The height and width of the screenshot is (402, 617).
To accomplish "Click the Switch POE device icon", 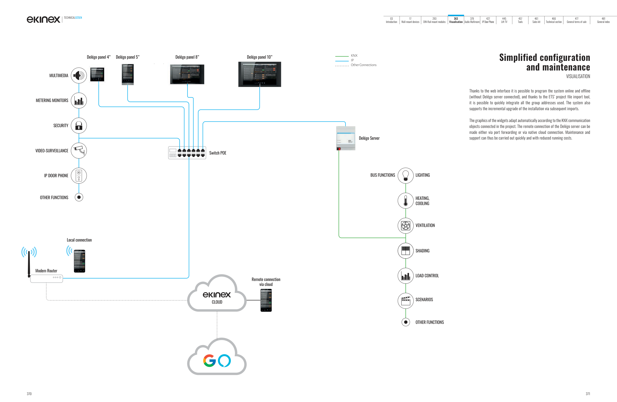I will tap(187, 153).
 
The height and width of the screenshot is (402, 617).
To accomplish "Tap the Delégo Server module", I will tap(346, 138).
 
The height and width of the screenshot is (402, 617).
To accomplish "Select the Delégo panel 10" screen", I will tap(259, 74).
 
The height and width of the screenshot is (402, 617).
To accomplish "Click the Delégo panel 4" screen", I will tap(97, 74).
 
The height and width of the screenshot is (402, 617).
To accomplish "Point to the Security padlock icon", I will tap(79, 126).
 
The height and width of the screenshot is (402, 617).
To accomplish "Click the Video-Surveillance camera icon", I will tap(79, 150).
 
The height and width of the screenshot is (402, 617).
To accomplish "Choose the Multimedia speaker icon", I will tap(79, 76).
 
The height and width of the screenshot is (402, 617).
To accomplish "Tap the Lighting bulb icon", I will tap(405, 175).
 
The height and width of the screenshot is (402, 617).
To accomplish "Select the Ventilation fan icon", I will tap(405, 226).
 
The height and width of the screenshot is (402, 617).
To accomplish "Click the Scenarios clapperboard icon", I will tap(405, 300).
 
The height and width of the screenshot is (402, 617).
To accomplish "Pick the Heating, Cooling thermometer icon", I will tap(405, 201).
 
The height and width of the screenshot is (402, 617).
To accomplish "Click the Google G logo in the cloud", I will tap(210, 361).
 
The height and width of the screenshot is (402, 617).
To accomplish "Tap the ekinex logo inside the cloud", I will tap(217, 295).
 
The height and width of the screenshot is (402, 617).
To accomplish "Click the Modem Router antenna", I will tap(29, 263).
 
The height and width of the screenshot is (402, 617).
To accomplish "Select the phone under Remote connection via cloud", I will tap(266, 300).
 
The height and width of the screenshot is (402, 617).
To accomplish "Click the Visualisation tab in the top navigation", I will tap(456, 20).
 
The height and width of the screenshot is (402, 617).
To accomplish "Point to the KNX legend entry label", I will tap(354, 56).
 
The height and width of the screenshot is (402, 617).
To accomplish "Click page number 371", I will tap(588, 394).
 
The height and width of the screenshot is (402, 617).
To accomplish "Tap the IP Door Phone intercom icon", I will tap(79, 175).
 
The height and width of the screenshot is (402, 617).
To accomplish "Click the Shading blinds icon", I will tap(405, 251).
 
